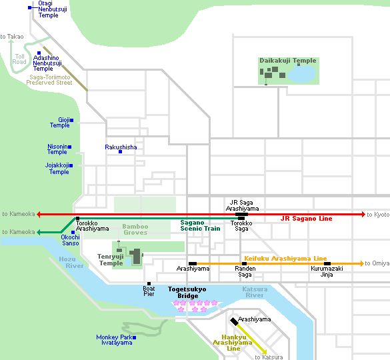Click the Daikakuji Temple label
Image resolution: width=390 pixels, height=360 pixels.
pos(287,61)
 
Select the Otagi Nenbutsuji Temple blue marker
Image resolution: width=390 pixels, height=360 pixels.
pos(30,8)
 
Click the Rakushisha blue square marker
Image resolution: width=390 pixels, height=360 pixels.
pos(120,152)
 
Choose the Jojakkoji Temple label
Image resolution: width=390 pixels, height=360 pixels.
pos(59,168)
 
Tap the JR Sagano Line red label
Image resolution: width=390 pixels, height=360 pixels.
pos(306,219)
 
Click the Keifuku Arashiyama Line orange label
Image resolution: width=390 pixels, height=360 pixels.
pos(285,258)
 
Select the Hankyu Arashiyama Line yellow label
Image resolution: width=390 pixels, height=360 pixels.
pos(225,341)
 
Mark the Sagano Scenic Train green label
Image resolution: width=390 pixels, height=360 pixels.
pos(200,225)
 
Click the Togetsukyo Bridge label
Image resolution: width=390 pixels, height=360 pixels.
pos(187,293)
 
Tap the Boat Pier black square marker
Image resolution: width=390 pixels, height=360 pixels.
pos(149,283)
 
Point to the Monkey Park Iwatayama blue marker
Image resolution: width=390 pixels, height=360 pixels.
pos(134,337)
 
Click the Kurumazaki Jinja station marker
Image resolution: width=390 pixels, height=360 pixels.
pos(327,264)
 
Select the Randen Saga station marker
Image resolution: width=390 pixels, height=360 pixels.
pos(244,264)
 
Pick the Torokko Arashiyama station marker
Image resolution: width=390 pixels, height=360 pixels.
pos(78,219)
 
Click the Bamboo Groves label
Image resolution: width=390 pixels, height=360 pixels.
pos(135,230)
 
